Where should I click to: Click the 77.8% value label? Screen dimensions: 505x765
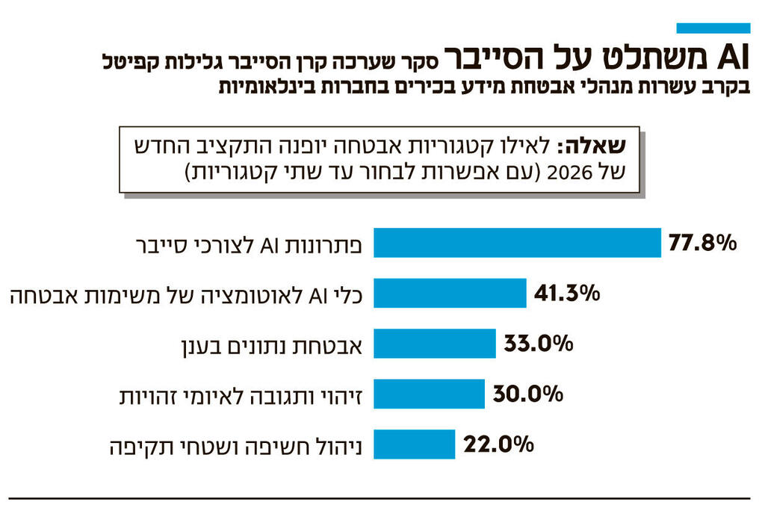[x=702, y=244]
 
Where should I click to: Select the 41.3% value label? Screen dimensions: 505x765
[x=567, y=294]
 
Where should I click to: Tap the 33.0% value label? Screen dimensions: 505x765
[x=538, y=344]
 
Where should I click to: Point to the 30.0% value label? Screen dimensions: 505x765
[x=527, y=394]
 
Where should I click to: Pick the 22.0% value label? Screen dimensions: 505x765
[x=498, y=444]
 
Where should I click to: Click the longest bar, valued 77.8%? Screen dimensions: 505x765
[x=517, y=244]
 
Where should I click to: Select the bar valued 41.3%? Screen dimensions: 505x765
[x=450, y=294]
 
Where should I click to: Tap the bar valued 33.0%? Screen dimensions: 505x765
[x=434, y=344]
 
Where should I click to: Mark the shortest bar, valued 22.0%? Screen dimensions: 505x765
[x=414, y=444]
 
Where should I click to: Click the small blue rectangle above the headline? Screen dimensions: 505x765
[x=713, y=28]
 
